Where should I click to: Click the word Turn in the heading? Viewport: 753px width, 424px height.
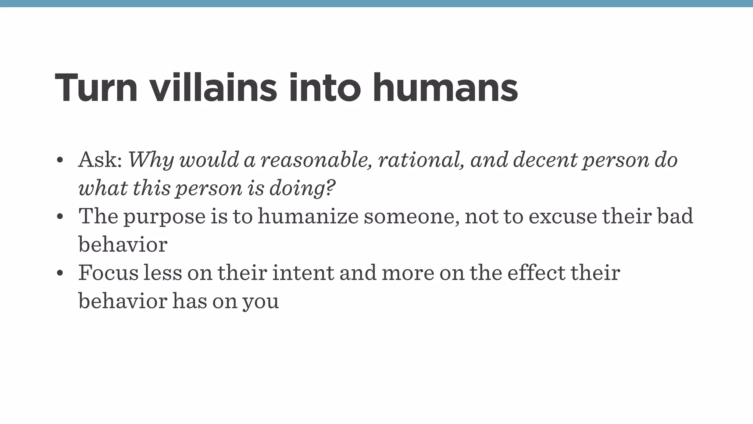click(96, 88)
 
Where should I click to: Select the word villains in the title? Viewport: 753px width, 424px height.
click(213, 88)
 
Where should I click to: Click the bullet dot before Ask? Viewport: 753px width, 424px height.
click(60, 160)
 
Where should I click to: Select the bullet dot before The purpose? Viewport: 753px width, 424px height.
click(60, 217)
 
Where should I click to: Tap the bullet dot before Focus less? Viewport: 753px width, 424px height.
click(60, 273)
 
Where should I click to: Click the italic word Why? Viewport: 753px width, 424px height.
click(150, 160)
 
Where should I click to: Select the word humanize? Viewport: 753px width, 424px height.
click(308, 216)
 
